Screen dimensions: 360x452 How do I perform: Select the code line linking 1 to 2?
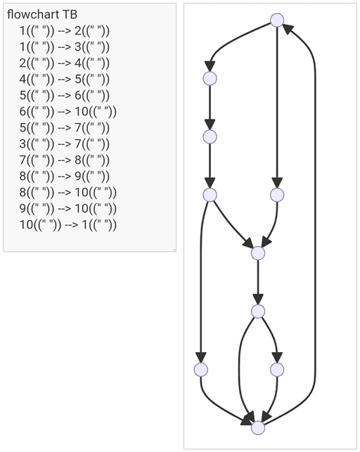point(65,30)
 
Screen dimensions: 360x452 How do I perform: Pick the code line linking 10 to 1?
point(68,224)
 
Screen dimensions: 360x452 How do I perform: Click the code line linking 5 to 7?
point(65,127)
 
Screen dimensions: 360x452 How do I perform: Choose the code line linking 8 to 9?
point(65,176)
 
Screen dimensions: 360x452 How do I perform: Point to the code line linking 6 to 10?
point(68,111)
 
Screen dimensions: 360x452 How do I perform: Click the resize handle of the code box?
point(174,250)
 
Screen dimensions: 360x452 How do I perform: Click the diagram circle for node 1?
point(277,20)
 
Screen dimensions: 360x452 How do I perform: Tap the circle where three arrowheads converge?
point(258,428)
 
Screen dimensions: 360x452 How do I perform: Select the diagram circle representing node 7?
point(258,253)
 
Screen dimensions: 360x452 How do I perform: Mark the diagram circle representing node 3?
point(277,195)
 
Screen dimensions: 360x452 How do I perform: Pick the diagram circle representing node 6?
point(201,370)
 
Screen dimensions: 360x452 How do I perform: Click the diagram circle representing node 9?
point(277,370)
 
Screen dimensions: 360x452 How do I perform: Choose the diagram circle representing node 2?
point(210,79)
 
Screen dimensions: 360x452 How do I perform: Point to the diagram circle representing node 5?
point(210,195)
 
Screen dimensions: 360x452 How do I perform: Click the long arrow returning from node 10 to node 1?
point(315,225)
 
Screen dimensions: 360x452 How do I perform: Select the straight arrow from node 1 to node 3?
point(277,108)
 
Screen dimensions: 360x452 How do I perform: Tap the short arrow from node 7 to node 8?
point(258,282)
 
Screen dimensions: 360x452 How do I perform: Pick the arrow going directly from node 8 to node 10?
point(240,372)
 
